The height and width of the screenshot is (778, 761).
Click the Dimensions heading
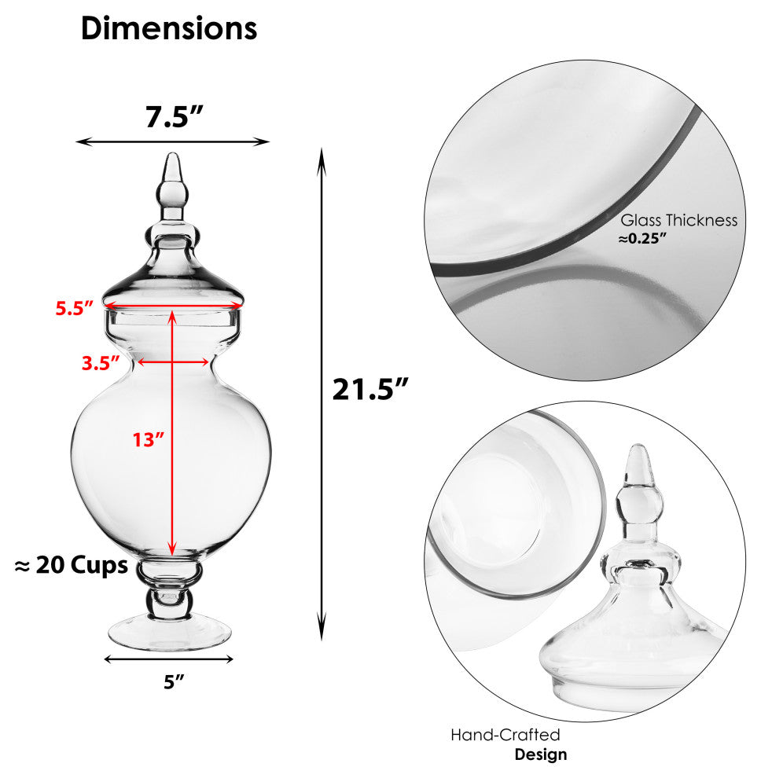point(169,28)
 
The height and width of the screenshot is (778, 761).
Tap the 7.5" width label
point(175,117)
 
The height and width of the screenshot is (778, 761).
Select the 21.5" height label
point(369,389)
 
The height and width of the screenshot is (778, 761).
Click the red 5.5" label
point(75,308)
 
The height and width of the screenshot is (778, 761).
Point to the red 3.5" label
point(101,363)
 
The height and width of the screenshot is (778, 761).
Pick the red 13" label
point(148,439)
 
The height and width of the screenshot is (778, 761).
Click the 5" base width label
point(174,682)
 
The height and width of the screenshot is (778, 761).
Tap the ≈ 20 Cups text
point(72,565)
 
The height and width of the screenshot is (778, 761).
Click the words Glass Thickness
point(678,220)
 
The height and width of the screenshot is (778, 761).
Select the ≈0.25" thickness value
point(642,239)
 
